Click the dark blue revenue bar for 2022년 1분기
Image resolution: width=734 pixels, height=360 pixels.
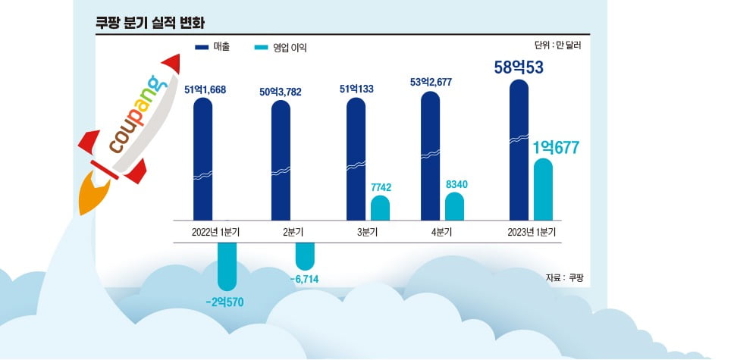(202, 159)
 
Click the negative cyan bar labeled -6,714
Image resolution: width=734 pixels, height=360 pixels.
(304, 256)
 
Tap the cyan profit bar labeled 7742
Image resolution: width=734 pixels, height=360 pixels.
(380, 208)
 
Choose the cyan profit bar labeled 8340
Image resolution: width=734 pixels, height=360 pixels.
(454, 206)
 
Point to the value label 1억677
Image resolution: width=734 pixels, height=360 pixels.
(552, 147)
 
